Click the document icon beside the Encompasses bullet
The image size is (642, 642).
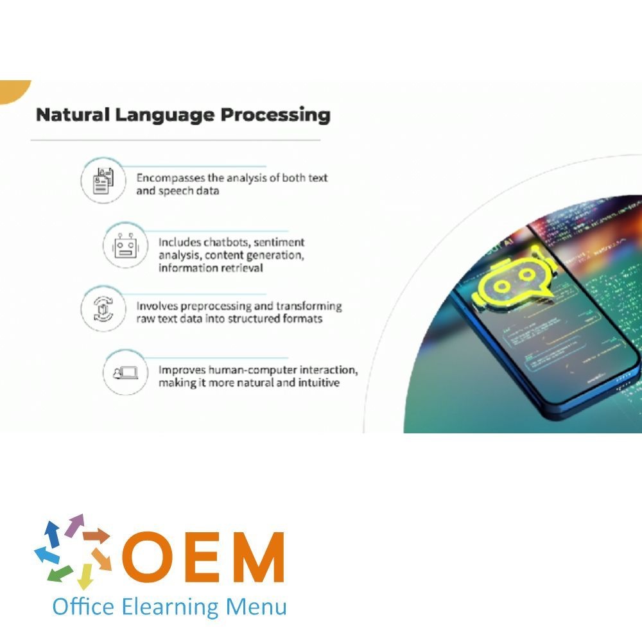click(103, 182)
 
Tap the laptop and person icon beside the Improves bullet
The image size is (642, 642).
click(125, 373)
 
